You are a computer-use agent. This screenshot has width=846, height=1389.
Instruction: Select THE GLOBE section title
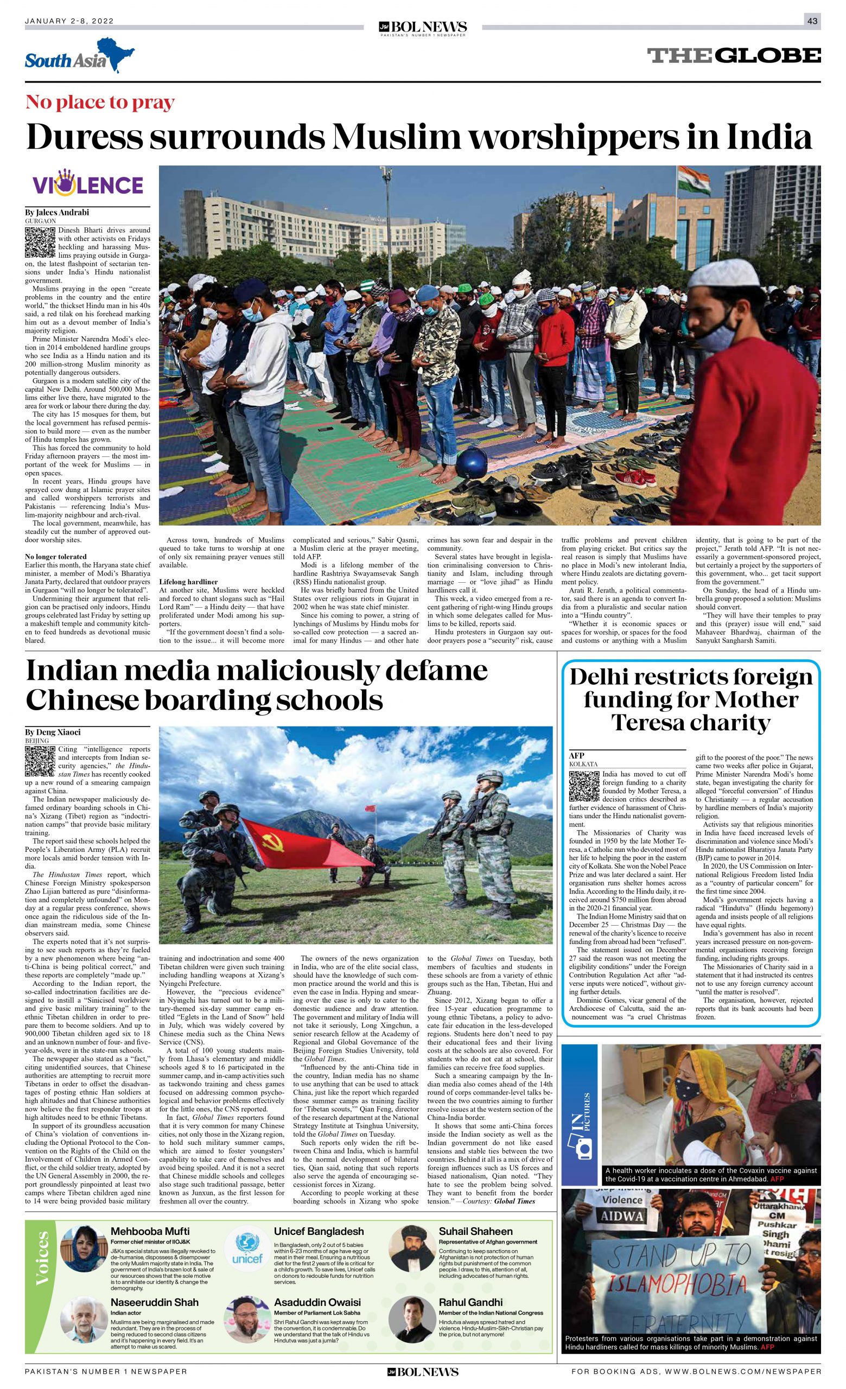point(733,55)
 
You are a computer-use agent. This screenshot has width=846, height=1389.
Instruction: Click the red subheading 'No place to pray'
point(100,102)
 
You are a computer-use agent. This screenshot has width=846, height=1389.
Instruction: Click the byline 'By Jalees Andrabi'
point(57,213)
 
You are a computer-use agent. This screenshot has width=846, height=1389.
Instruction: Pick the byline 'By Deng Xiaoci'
point(53,732)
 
